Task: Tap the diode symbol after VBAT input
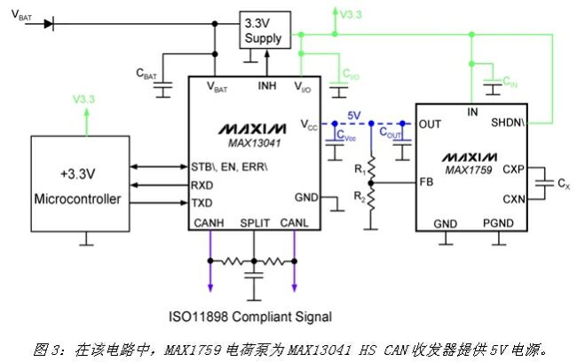click(48, 23)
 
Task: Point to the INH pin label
click(267, 85)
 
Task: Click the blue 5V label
click(354, 116)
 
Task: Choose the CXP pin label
click(514, 168)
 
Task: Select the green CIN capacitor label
click(511, 82)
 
